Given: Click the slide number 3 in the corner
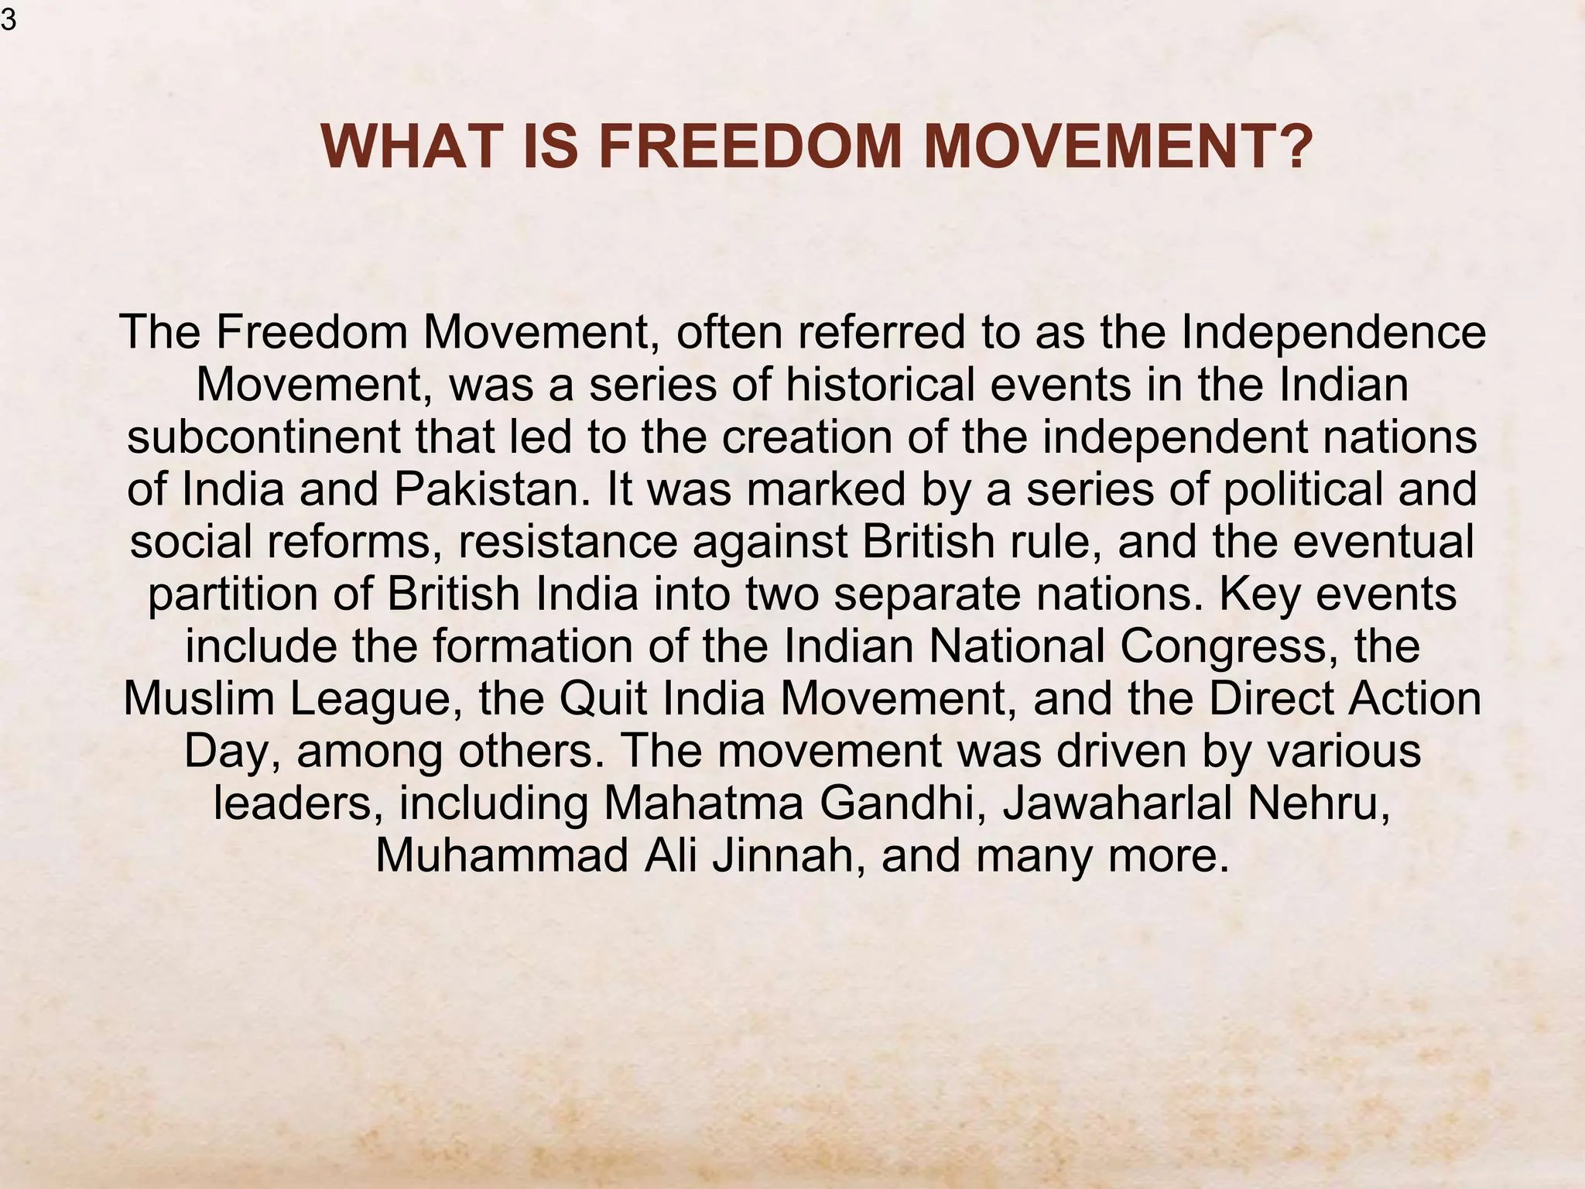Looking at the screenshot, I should click(x=8, y=20).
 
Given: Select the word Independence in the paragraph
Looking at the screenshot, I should click(x=1333, y=333).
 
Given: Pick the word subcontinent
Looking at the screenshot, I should click(x=264, y=437).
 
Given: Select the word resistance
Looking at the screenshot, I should click(x=568, y=541).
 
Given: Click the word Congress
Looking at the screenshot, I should click(x=1228, y=646).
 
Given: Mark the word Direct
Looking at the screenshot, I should click(x=1272, y=698).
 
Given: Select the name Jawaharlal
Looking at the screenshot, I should click(x=1117, y=803).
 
